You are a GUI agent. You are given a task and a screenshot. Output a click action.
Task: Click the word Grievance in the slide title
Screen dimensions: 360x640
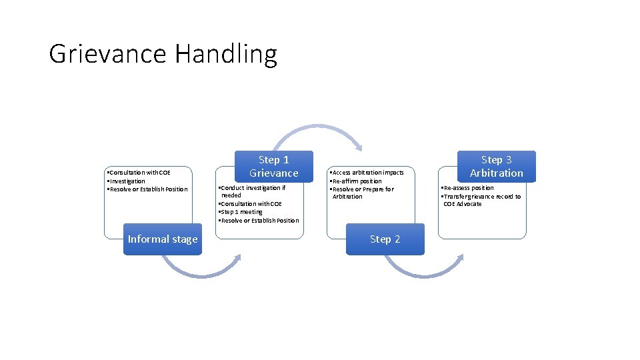tap(109, 54)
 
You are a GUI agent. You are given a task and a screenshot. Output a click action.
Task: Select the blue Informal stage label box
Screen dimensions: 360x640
tap(163, 239)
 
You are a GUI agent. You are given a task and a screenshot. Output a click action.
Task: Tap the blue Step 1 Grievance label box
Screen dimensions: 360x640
tap(273, 166)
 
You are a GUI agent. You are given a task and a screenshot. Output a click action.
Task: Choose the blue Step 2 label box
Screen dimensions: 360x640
tap(385, 239)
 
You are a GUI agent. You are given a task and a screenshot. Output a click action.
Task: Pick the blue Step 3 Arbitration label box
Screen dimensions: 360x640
tap(496, 166)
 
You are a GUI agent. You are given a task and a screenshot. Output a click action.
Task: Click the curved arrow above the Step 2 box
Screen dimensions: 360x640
tap(318, 133)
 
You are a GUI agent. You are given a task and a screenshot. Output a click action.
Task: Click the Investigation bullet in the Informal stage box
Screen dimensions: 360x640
tap(127, 181)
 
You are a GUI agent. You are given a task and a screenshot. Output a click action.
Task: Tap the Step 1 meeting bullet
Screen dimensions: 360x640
tap(241, 212)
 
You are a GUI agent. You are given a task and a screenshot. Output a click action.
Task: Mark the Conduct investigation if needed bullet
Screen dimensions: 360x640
tap(252, 191)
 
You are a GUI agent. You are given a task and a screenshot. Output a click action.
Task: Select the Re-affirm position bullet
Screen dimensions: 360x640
tap(357, 181)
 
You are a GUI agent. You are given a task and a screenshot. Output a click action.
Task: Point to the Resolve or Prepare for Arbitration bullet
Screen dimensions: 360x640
tap(363, 193)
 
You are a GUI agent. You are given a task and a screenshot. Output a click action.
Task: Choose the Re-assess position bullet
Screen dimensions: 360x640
tap(469, 188)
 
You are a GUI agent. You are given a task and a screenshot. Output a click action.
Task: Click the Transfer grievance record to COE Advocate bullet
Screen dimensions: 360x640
tap(481, 200)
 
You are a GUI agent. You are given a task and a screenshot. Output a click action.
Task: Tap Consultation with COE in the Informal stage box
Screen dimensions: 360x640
tap(140, 173)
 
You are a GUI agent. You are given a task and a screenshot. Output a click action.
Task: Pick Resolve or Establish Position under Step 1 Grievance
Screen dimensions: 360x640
tap(260, 220)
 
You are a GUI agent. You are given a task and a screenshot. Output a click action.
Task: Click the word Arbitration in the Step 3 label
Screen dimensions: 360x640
tap(496, 173)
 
